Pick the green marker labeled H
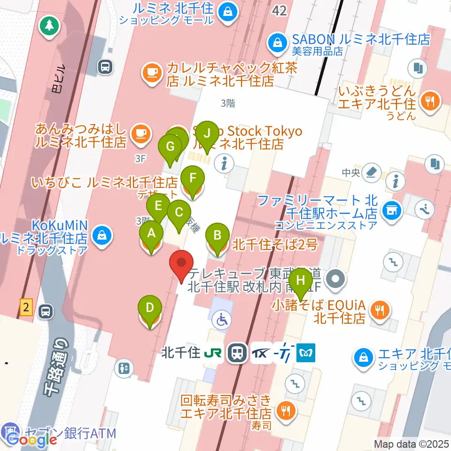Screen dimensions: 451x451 click(x=301, y=282)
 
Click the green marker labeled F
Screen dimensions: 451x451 click(x=193, y=179)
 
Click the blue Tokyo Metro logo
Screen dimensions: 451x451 click(x=306, y=353)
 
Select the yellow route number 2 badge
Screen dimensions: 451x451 click(x=26, y=309)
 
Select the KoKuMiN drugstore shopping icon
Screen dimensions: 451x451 click(x=101, y=233)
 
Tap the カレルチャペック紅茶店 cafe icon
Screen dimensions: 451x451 click(x=150, y=72)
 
